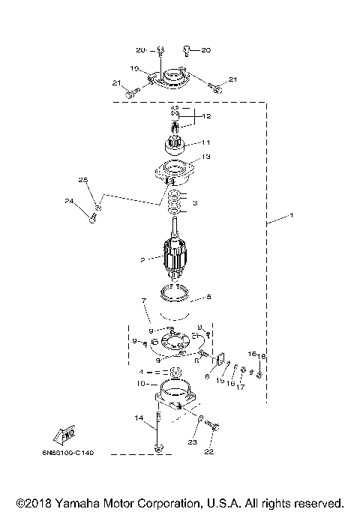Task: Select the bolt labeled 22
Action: [x=211, y=426]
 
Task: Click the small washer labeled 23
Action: [x=199, y=418]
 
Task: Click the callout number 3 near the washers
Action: [x=195, y=202]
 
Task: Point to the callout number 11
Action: [x=205, y=141]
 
